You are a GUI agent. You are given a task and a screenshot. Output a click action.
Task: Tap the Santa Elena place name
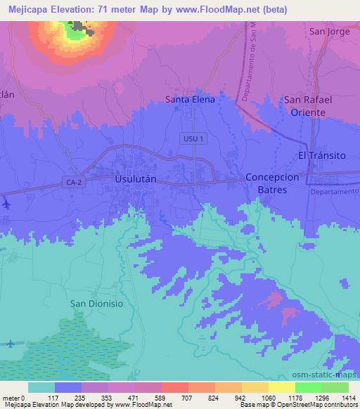click(189, 100)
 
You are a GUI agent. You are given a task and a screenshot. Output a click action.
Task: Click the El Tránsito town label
click(322, 155)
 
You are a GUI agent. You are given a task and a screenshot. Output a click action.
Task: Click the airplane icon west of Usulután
click(6, 204)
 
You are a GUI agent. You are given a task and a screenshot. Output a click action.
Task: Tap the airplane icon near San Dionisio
click(10, 344)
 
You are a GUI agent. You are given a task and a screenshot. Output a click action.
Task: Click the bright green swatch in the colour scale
click(308, 387)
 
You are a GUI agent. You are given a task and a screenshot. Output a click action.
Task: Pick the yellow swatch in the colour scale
click(281, 387)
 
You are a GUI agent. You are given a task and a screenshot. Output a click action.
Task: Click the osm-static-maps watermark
click(330, 375)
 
